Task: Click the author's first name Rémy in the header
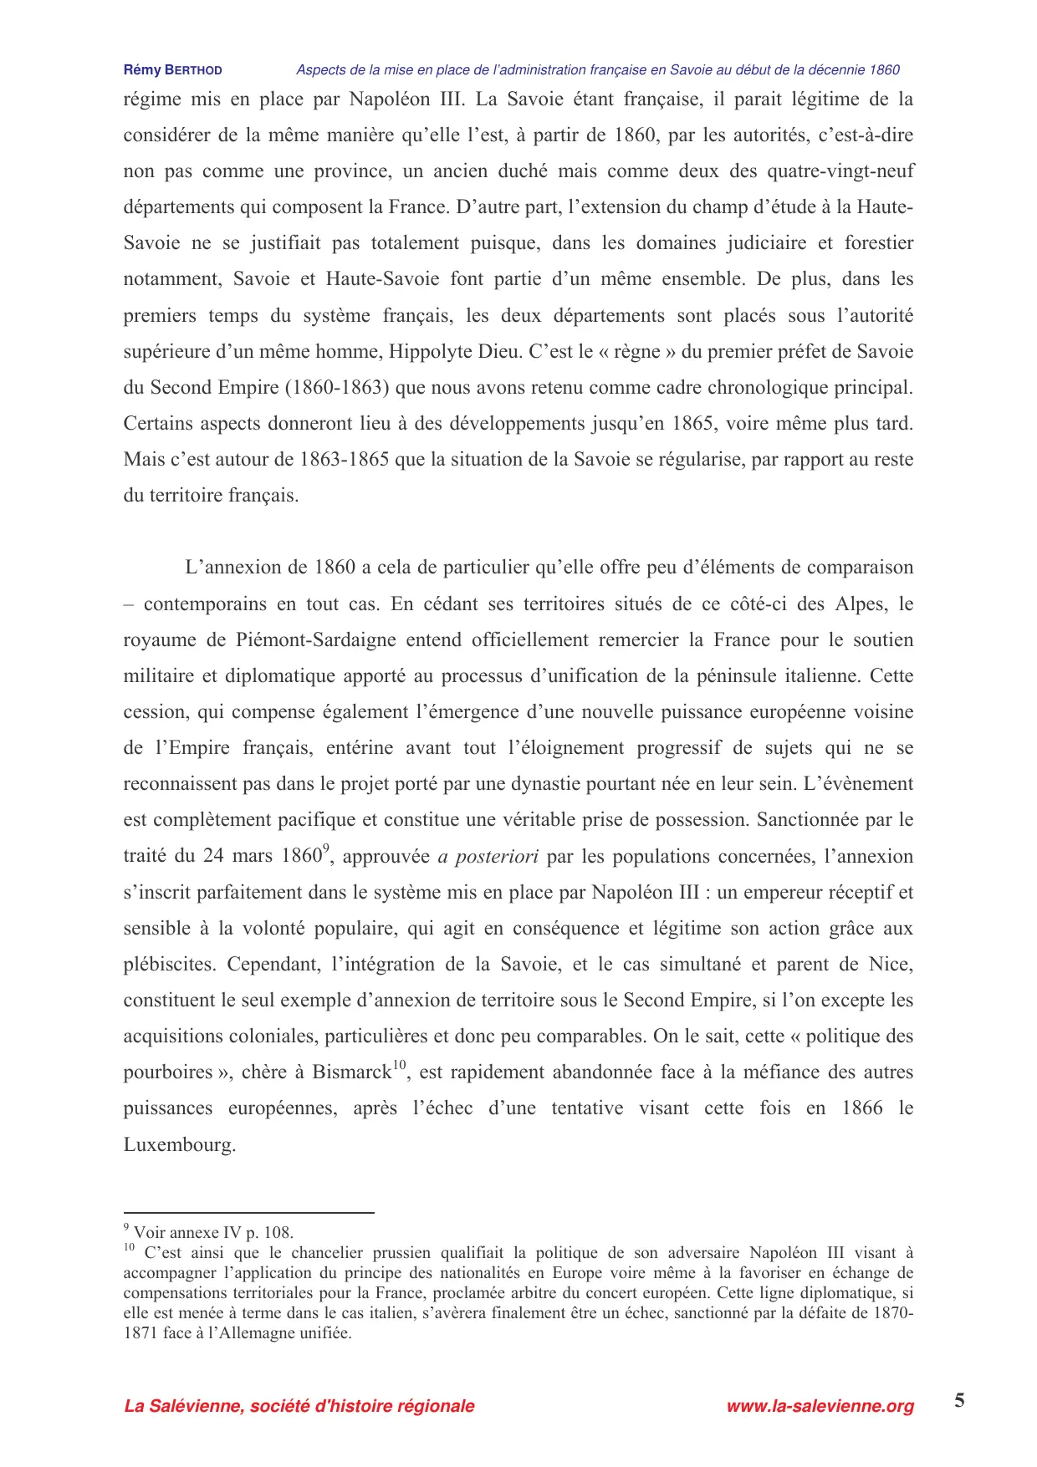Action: click(141, 70)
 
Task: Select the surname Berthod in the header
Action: click(193, 70)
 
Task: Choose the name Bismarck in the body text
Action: click(351, 1073)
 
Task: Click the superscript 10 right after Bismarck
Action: click(400, 1065)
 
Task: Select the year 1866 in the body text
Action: click(862, 1108)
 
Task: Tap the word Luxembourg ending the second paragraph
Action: click(179, 1145)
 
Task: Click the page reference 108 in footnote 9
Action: click(278, 1233)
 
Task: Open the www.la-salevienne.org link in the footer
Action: click(820, 1406)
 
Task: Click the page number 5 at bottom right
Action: click(959, 1401)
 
